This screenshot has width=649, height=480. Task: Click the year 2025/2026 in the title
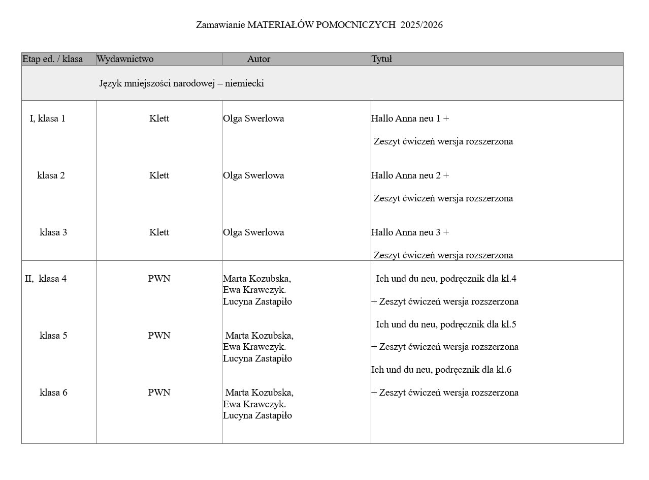[421, 25]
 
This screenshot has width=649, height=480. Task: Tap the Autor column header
[258, 59]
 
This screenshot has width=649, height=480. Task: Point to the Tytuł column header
[381, 59]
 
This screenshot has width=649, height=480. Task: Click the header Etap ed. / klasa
[52, 59]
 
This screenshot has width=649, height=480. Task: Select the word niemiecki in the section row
[244, 83]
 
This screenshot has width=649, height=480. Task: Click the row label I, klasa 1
[47, 118]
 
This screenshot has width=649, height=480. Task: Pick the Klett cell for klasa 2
[159, 175]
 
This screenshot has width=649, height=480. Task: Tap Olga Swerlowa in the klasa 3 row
[253, 232]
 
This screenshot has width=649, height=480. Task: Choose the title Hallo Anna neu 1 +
[410, 118]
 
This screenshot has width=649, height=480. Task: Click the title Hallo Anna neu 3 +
[410, 232]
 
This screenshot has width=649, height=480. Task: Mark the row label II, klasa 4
[46, 279]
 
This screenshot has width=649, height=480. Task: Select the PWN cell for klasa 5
[159, 336]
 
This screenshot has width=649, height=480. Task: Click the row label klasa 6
[53, 393]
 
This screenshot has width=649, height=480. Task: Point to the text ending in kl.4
[446, 279]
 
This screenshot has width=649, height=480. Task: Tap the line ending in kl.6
[441, 370]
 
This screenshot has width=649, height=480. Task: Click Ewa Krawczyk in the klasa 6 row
[254, 404]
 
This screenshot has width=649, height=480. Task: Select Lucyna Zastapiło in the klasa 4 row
[257, 302]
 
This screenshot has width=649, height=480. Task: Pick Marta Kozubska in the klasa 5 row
[259, 336]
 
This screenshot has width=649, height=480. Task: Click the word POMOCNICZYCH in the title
[355, 25]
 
